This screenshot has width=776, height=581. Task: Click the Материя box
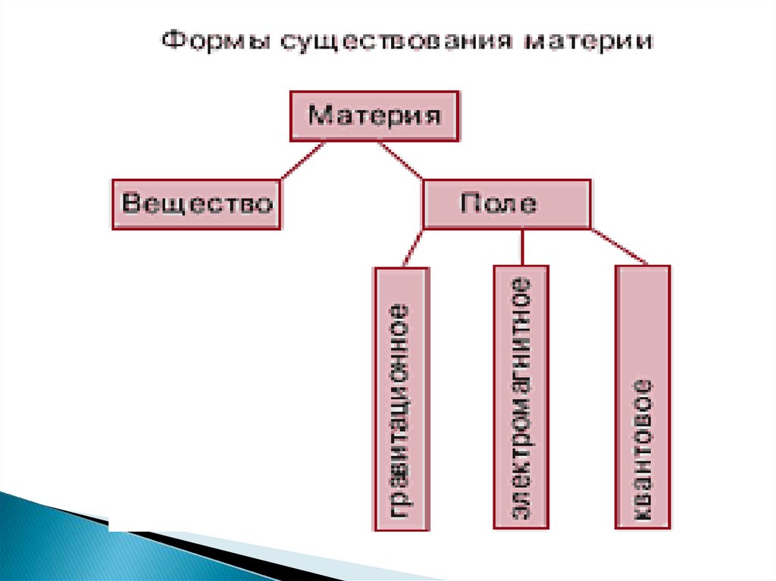(x=374, y=116)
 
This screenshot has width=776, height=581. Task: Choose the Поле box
(x=506, y=204)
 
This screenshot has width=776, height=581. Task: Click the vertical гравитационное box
(x=402, y=398)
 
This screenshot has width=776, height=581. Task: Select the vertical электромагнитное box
(x=520, y=397)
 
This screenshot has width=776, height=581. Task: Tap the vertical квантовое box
(x=643, y=397)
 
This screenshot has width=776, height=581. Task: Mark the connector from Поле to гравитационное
(x=413, y=247)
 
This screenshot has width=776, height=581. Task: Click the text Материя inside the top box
(x=374, y=117)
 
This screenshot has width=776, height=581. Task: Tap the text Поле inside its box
(x=499, y=203)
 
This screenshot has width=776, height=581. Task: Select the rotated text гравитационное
(x=402, y=409)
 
